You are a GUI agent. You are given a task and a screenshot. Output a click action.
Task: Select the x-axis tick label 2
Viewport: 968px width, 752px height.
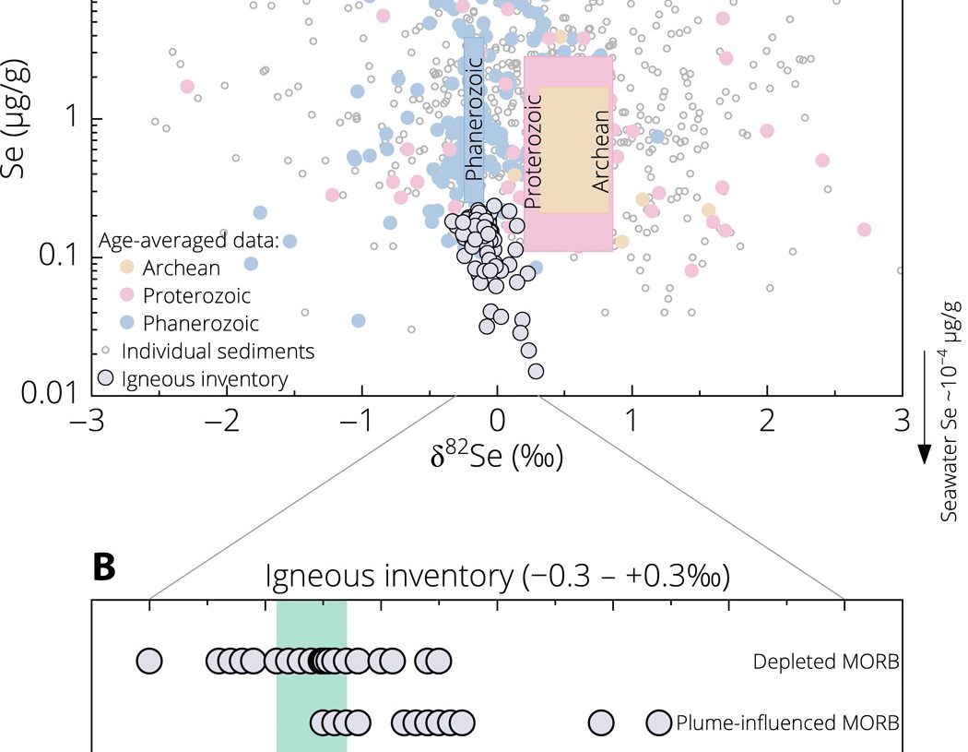click(767, 422)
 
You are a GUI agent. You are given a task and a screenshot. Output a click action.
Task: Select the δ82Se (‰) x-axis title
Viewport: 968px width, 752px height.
click(497, 457)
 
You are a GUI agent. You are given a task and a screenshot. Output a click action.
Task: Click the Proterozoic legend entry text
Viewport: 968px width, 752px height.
click(196, 296)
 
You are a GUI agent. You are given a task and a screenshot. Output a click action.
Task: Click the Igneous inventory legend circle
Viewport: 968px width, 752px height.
click(108, 379)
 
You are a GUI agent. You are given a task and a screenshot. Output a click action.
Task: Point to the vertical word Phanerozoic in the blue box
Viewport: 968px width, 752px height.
click(473, 120)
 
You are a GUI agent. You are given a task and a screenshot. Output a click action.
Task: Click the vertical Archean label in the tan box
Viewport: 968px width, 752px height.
click(601, 151)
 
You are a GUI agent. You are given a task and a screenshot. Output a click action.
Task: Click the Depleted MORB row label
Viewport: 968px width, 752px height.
click(825, 662)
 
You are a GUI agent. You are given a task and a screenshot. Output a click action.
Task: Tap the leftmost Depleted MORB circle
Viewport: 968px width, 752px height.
click(149, 661)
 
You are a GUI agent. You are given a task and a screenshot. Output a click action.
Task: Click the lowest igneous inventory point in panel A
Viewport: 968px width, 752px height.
click(536, 371)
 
